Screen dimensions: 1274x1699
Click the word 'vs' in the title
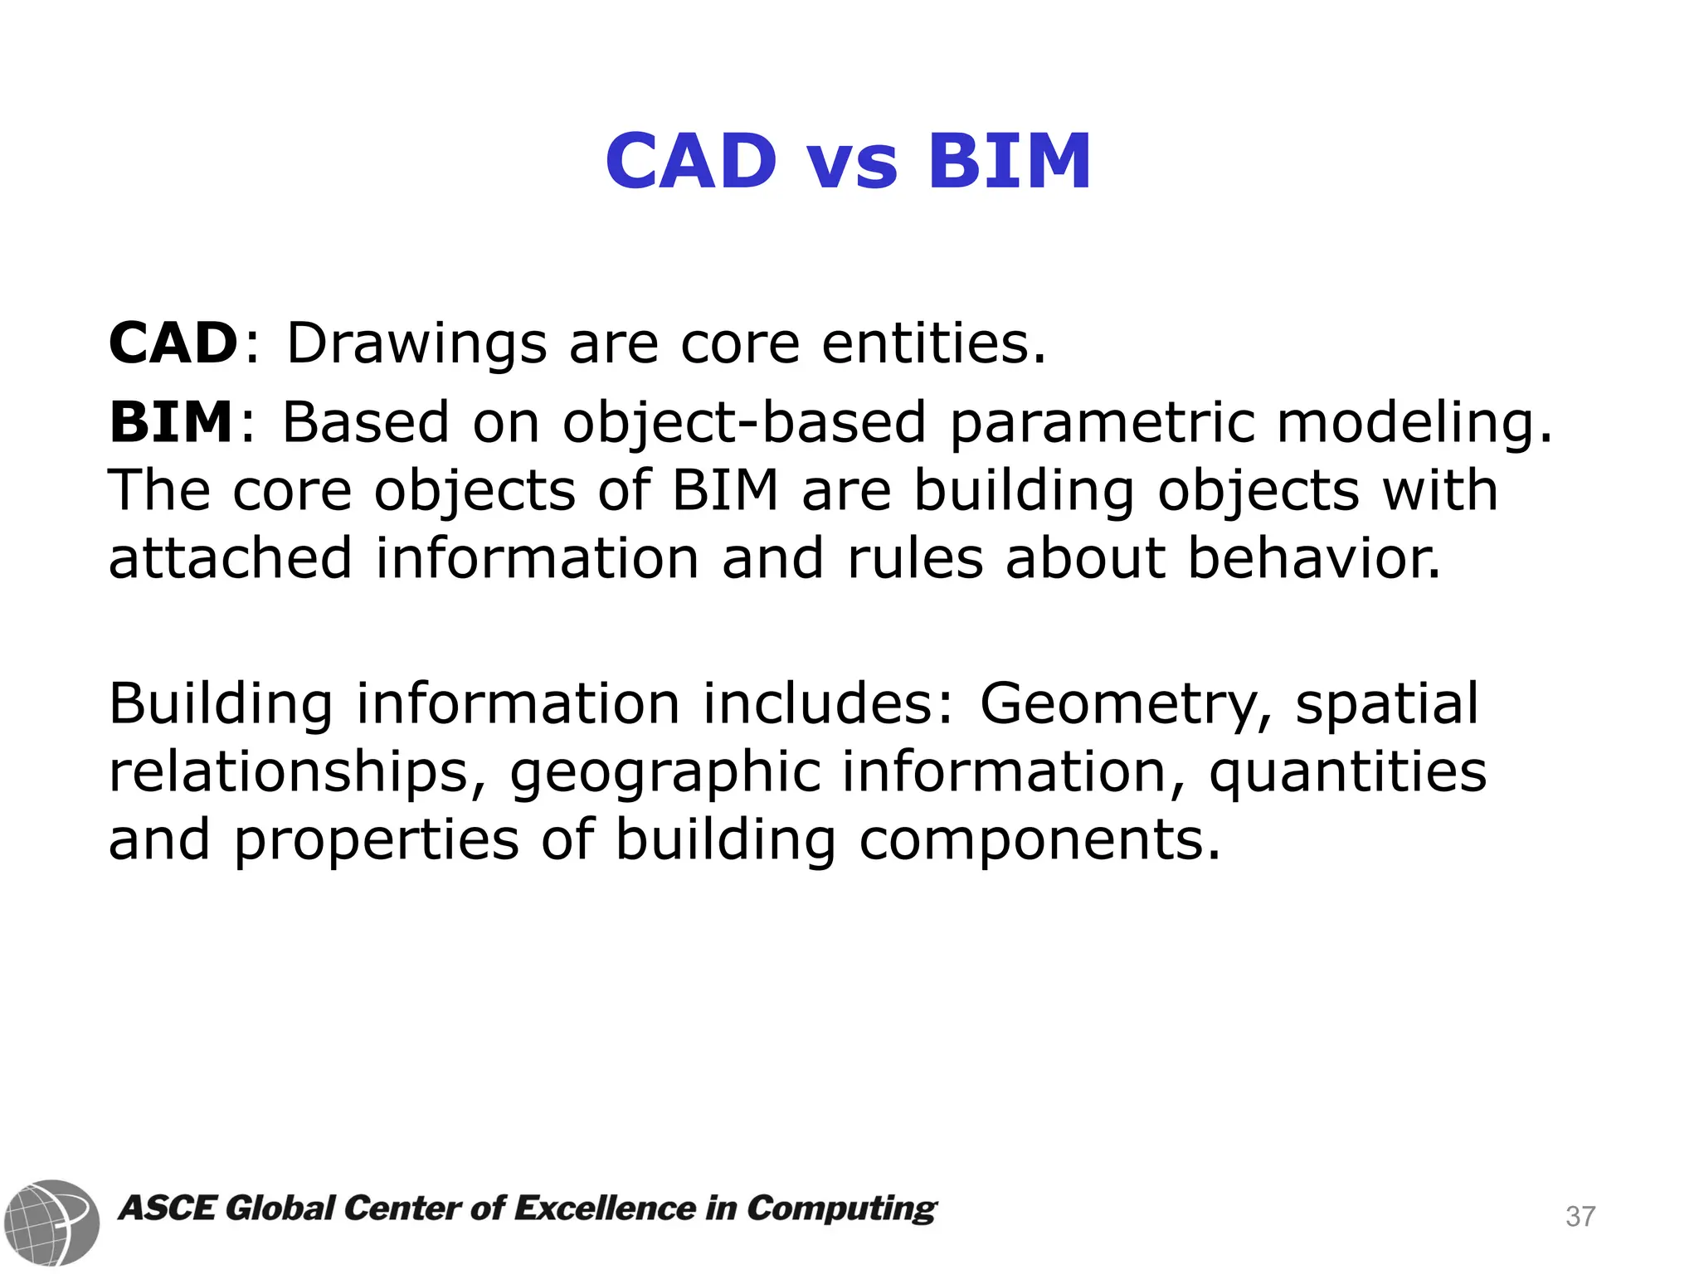tap(852, 163)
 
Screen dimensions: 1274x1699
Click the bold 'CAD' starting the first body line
tap(174, 343)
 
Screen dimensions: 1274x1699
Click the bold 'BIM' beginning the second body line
tap(172, 422)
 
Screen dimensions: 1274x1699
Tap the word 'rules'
tap(915, 558)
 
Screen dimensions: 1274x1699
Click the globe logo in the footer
tap(51, 1222)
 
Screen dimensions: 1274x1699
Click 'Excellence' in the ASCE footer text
tap(605, 1208)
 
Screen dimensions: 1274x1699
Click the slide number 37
tap(1580, 1217)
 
